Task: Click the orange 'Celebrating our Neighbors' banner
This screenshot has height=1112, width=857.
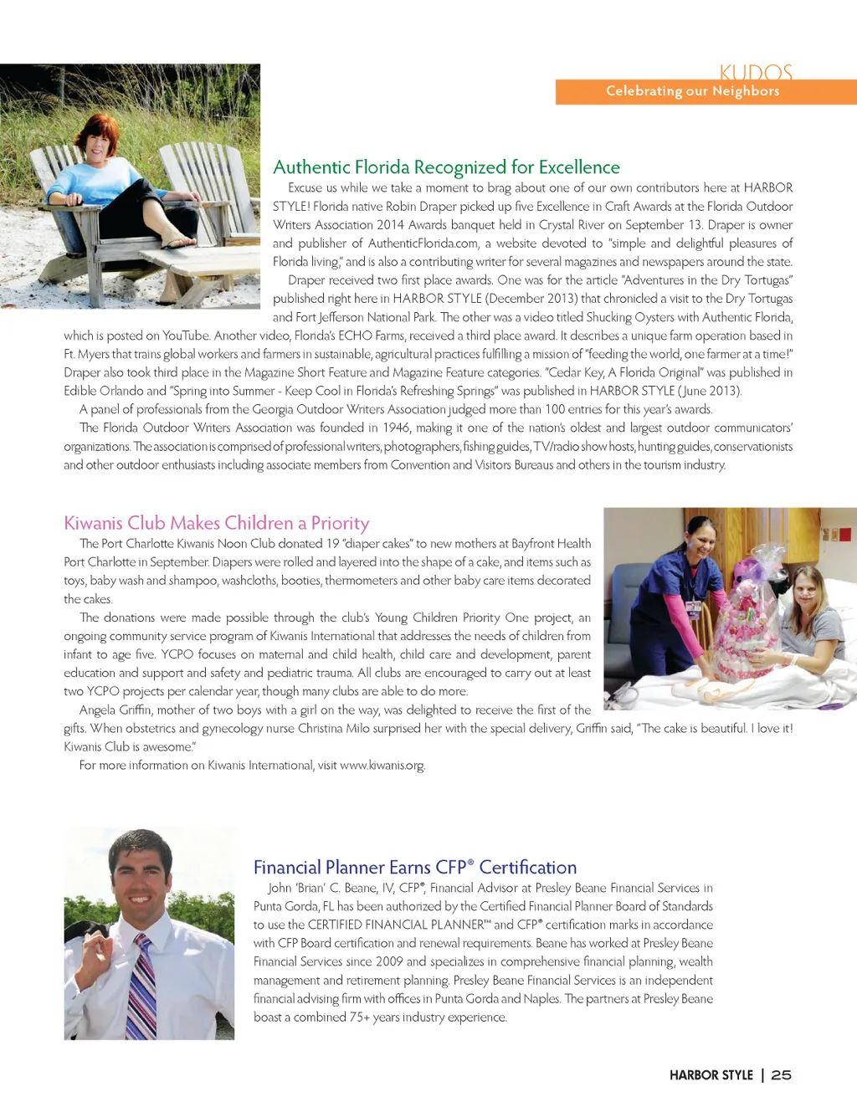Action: (706, 91)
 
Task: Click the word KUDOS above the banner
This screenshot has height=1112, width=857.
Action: (755, 73)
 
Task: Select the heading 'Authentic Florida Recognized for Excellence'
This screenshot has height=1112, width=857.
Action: (446, 167)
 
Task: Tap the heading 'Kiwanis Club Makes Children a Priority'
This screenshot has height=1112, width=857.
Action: (216, 523)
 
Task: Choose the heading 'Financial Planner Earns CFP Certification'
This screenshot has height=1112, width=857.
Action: (415, 867)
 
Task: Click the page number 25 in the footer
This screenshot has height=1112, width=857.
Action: (781, 1075)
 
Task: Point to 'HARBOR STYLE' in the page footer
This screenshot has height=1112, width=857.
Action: (711, 1075)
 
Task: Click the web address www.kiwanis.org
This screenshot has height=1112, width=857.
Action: (382, 766)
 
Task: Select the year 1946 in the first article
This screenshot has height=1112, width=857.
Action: (396, 428)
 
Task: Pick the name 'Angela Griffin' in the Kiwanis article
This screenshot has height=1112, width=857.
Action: (115, 710)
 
